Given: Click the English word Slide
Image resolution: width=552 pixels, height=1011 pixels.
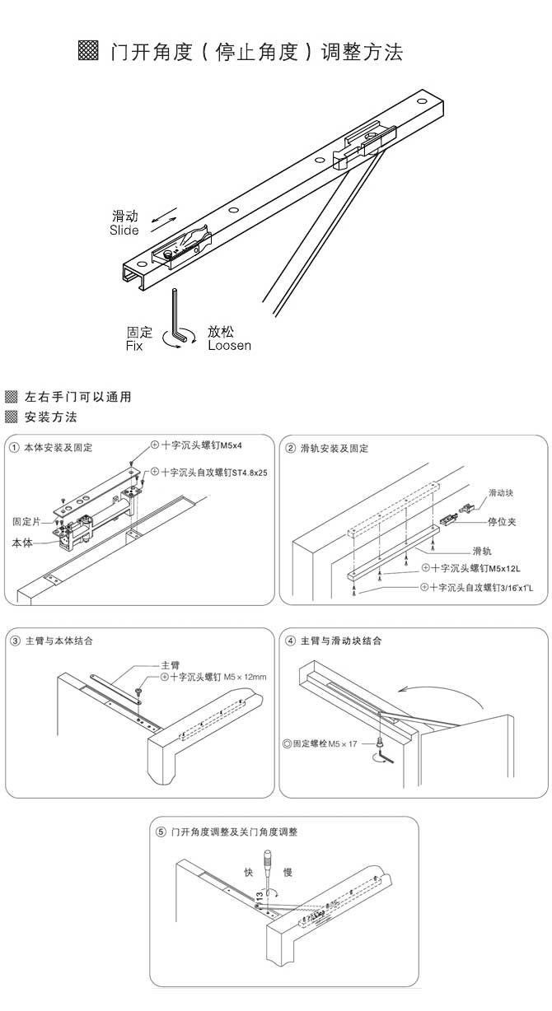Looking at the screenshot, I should coord(124,231).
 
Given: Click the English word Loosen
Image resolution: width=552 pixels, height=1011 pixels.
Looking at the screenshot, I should coord(229,345).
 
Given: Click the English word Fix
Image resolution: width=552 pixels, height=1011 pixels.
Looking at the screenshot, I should coord(135,346).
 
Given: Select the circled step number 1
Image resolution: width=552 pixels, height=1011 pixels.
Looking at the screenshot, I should coord(15,448).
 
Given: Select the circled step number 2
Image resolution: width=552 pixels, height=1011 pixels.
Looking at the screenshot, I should coord(290,449).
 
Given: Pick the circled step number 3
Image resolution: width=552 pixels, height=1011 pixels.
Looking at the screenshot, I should coord(15,641).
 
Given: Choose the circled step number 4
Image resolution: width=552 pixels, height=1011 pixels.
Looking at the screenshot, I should coord(290,641).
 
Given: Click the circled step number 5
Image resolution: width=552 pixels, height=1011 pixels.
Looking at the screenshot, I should coord(161,832).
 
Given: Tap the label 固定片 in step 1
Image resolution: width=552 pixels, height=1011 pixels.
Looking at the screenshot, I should coord(26,522).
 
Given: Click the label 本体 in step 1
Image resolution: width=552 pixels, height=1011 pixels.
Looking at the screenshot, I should coord(21,543).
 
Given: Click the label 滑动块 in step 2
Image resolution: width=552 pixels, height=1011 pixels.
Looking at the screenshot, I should coord(501,492).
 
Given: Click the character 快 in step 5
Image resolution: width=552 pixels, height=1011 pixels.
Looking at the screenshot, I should coord(248,872).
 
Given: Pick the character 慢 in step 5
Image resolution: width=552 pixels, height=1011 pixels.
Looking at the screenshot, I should coord(288,872).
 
